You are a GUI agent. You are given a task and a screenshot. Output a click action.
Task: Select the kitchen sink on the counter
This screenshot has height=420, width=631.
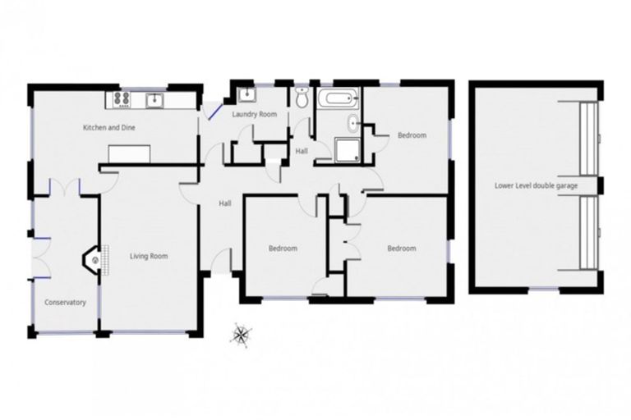click(x=153, y=100)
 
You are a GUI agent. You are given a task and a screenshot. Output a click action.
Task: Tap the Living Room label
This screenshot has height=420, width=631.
click(x=149, y=256)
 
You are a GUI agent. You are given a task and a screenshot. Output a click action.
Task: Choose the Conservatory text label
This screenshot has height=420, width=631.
click(x=65, y=303)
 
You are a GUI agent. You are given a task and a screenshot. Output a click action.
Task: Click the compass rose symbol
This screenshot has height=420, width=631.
click(x=242, y=333)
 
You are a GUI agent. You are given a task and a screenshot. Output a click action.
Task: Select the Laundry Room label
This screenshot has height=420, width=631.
click(x=254, y=114)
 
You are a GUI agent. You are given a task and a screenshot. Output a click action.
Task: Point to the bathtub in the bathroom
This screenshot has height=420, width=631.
click(x=339, y=100)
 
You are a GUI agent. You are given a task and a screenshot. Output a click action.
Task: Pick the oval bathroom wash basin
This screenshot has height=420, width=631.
click(x=352, y=125)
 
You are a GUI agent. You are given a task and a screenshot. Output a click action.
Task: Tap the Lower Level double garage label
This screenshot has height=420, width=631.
click(x=536, y=185)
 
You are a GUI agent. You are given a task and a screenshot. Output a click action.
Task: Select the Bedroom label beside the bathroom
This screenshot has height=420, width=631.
click(x=412, y=135)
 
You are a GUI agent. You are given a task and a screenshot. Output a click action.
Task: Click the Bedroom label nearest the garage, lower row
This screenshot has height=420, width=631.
click(x=401, y=249)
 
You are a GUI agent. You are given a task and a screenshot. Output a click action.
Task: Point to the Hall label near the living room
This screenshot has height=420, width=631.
click(x=224, y=203)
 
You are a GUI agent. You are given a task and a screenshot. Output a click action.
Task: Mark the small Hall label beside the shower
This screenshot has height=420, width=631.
click(x=302, y=150)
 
